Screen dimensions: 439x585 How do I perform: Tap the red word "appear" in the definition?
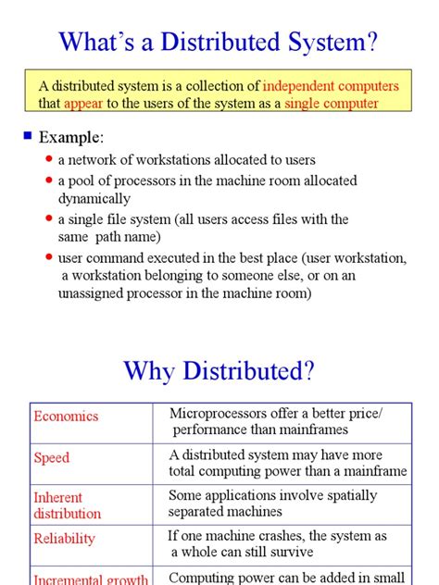pyautogui.click(x=83, y=104)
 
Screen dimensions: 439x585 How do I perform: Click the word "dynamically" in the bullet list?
pyautogui.click(x=94, y=198)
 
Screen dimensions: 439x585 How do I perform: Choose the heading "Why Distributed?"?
pyautogui.click(x=219, y=371)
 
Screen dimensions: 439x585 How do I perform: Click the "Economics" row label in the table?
pyautogui.click(x=66, y=416)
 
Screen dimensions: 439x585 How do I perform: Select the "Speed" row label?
pyautogui.click(x=52, y=457)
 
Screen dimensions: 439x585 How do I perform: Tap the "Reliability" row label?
pyautogui.click(x=65, y=538)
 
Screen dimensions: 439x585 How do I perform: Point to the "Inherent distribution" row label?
pyautogui.click(x=68, y=505)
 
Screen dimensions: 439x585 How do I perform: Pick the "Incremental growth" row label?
pyautogui.click(x=91, y=579)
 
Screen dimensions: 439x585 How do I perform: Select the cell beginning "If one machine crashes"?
pyautogui.click(x=277, y=543)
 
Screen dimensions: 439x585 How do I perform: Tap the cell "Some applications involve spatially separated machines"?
pyautogui.click(x=272, y=503)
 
